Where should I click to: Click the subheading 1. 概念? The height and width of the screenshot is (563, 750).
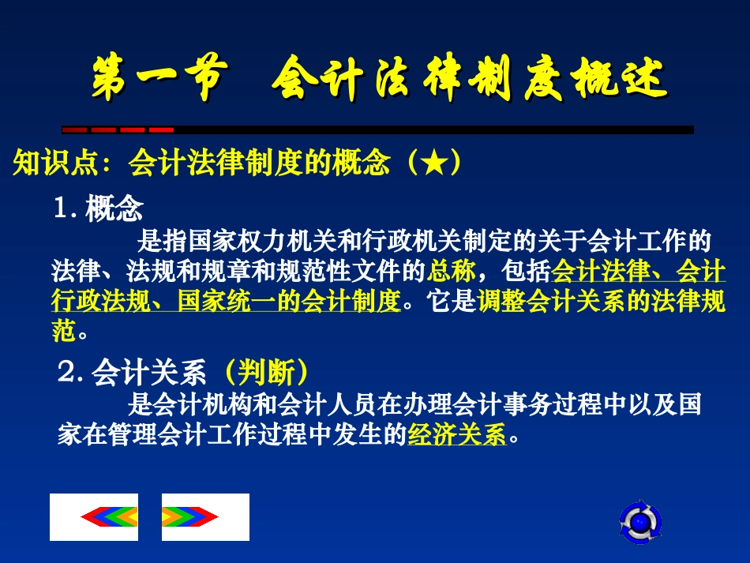pos(98,209)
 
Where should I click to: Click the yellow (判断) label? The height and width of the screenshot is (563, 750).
pos(265,371)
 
